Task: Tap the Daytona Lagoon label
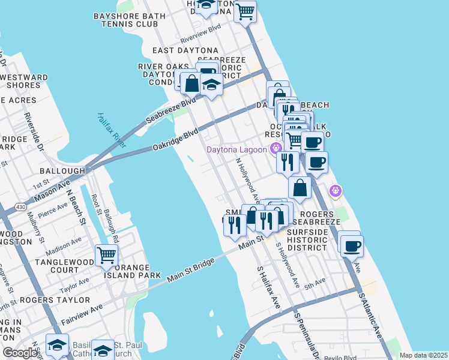237,149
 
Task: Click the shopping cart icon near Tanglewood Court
106,254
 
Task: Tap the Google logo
20,352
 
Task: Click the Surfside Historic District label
307,239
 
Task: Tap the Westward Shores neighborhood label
24,81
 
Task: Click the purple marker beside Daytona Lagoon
276,148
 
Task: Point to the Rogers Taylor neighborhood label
55,299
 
